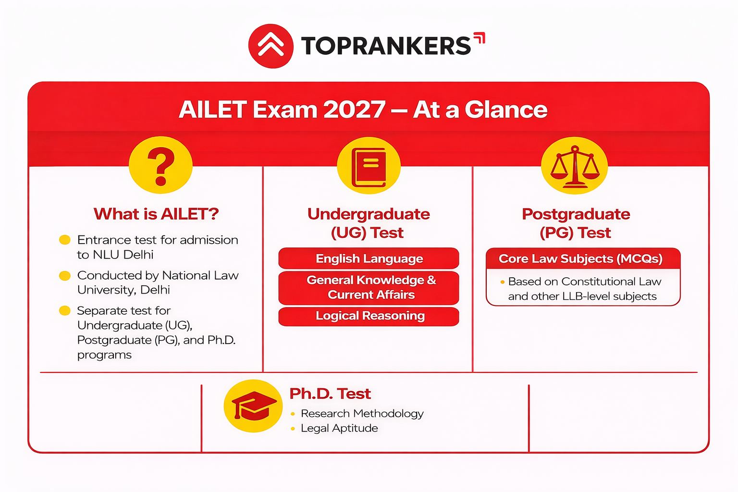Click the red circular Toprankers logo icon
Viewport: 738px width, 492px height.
click(x=271, y=46)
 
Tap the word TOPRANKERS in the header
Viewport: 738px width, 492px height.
click(x=386, y=46)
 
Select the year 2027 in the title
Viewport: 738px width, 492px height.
click(x=354, y=110)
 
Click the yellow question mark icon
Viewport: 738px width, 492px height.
click(x=161, y=165)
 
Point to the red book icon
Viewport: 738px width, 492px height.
click(x=369, y=166)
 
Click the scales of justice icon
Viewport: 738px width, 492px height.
click(x=575, y=166)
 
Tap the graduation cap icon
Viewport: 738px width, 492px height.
click(x=253, y=406)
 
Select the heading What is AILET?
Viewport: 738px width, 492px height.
click(x=156, y=214)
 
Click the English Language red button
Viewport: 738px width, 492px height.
click(x=369, y=258)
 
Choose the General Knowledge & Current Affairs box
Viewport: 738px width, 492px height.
click(x=369, y=287)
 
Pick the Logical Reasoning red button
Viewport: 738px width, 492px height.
click(x=369, y=316)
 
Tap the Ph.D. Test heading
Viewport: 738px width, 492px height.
click(x=330, y=394)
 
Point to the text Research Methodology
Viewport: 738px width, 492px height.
click(x=362, y=414)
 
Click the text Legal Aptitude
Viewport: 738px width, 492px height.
click(x=339, y=429)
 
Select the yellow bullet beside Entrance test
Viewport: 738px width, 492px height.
click(x=65, y=240)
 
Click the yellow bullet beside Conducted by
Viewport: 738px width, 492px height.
click(x=65, y=275)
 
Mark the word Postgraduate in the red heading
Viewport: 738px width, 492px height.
click(x=576, y=214)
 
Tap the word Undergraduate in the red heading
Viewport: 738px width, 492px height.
click(x=369, y=214)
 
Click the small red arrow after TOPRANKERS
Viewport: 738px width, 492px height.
click(x=480, y=37)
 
